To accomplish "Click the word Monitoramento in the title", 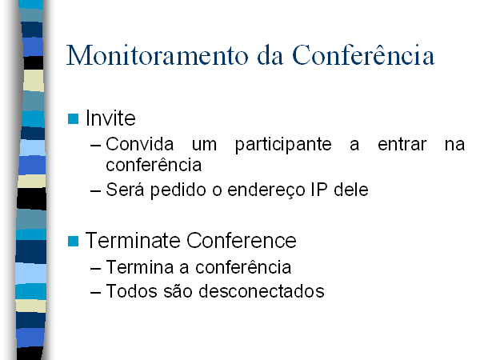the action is tap(158, 55).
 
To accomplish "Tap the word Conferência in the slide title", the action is tap(363, 54).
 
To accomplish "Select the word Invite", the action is tap(110, 118).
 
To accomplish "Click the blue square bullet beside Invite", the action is tap(73, 118).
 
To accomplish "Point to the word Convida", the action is tap(140, 144).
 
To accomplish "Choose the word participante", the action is tap(283, 145).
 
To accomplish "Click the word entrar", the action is tap(402, 144).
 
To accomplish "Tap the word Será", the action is tap(125, 189).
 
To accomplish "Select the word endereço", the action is tap(266, 190).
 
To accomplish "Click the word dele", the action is tap(351, 190).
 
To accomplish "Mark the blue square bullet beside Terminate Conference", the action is tap(73, 242).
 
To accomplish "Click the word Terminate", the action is tap(133, 240).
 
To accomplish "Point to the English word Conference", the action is tap(242, 240).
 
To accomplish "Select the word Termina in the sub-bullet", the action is tap(140, 267).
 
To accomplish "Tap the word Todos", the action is tap(131, 291).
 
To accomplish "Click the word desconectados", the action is tap(262, 291).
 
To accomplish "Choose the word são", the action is tap(178, 291).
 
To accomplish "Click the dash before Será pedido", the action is tap(95, 191).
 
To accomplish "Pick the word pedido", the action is tap(178, 190).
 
